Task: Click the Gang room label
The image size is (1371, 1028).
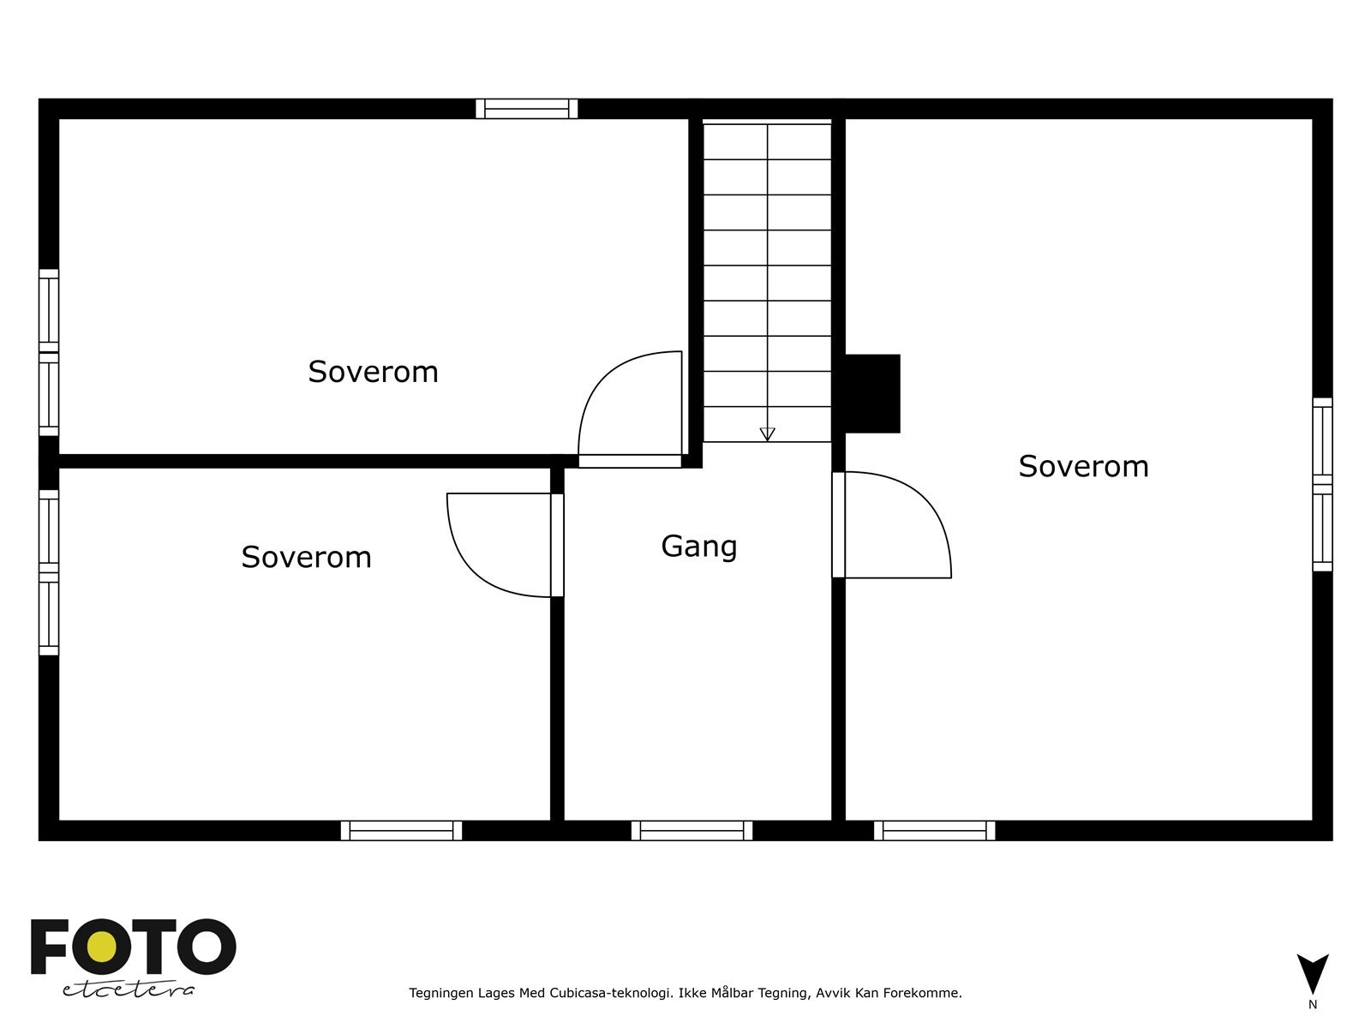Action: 699,546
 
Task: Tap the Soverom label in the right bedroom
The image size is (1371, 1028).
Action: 1083,466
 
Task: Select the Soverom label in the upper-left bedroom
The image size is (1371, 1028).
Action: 373,372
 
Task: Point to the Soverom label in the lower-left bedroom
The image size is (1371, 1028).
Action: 306,557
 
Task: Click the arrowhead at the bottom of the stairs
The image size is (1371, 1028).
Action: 767,434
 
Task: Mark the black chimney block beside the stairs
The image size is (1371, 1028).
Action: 872,393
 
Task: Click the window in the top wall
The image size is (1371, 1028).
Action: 527,109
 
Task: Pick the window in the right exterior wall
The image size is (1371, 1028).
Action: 1322,484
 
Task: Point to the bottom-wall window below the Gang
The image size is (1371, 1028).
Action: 691,830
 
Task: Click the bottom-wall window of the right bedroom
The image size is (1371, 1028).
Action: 934,830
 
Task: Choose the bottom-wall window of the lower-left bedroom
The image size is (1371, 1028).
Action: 401,830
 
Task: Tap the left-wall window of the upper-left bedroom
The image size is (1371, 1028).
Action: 49,352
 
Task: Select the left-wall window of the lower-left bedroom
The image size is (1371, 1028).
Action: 49,572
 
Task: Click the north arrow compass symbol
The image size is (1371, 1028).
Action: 1312,975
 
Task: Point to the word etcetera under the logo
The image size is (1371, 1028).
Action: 129,989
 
